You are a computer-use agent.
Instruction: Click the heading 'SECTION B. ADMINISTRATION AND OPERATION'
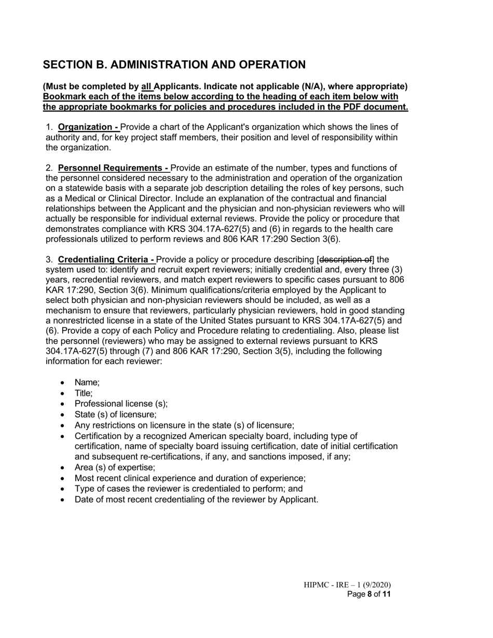(x=174, y=65)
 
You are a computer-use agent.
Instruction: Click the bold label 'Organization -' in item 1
(x=88, y=127)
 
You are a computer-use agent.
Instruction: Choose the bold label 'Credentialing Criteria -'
(x=106, y=259)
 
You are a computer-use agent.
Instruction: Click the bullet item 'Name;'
(x=87, y=383)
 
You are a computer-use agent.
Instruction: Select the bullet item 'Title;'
(x=84, y=393)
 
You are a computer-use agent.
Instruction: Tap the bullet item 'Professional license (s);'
(x=121, y=404)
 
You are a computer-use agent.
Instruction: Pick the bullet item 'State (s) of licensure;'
(x=115, y=414)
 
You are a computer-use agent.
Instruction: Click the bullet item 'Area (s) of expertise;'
(x=115, y=467)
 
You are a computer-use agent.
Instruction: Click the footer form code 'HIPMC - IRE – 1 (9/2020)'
(x=347, y=585)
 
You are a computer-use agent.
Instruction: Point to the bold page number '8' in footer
(x=369, y=594)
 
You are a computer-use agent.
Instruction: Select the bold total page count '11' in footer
(x=386, y=594)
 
